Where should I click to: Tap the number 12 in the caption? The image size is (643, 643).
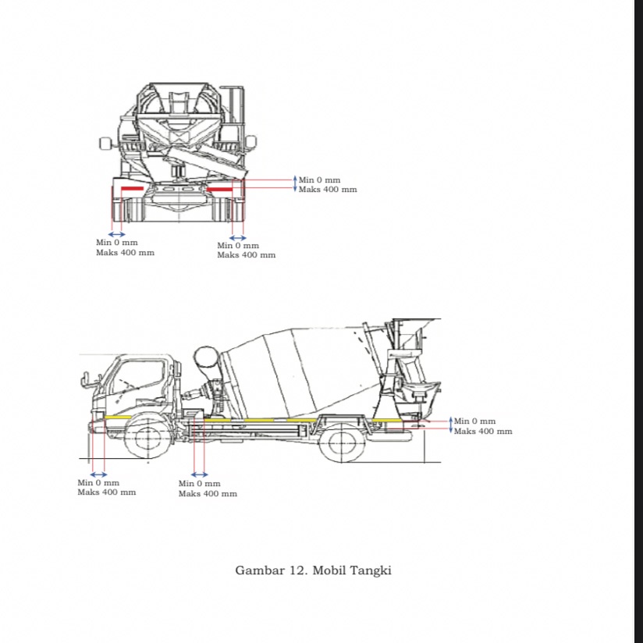(x=298, y=570)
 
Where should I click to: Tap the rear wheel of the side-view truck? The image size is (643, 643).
(x=342, y=442)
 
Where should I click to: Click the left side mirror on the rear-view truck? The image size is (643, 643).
(x=105, y=143)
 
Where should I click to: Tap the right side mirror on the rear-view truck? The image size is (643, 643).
(x=250, y=142)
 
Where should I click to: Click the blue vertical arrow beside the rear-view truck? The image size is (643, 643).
(x=295, y=184)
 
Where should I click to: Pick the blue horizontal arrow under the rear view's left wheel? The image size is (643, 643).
(x=116, y=234)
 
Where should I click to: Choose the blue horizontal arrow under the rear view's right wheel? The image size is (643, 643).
(x=238, y=238)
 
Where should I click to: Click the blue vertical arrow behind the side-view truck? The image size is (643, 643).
(x=450, y=426)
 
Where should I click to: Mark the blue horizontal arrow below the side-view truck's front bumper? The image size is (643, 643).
(x=98, y=474)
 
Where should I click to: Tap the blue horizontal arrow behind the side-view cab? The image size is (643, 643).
(x=200, y=474)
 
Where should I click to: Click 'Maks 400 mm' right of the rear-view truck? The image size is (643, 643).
(x=328, y=190)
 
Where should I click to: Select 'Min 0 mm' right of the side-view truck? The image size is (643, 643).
(x=474, y=421)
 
